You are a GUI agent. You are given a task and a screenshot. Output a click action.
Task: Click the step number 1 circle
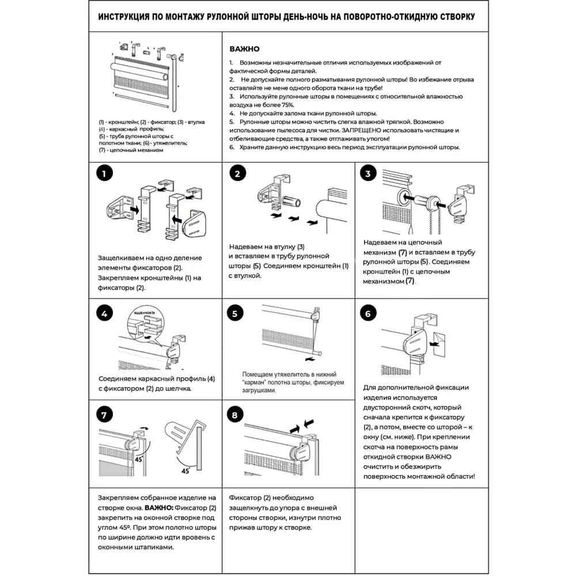click(104, 174)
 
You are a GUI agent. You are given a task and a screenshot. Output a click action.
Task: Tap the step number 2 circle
click(237, 174)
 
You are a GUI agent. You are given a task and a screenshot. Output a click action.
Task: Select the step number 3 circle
click(369, 174)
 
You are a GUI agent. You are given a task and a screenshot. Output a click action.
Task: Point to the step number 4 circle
click(104, 314)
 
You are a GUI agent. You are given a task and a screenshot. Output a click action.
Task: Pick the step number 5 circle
click(235, 314)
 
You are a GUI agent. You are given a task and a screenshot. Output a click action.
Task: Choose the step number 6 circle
click(368, 314)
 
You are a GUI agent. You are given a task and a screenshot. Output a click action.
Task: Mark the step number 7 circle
click(104, 415)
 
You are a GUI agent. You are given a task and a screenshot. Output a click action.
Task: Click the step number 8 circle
click(235, 415)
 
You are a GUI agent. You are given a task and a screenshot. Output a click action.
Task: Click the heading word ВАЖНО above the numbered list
click(244, 50)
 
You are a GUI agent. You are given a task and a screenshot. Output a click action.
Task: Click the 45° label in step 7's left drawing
click(139, 459)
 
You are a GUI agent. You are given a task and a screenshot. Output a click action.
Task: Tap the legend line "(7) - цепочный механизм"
click(131, 150)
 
